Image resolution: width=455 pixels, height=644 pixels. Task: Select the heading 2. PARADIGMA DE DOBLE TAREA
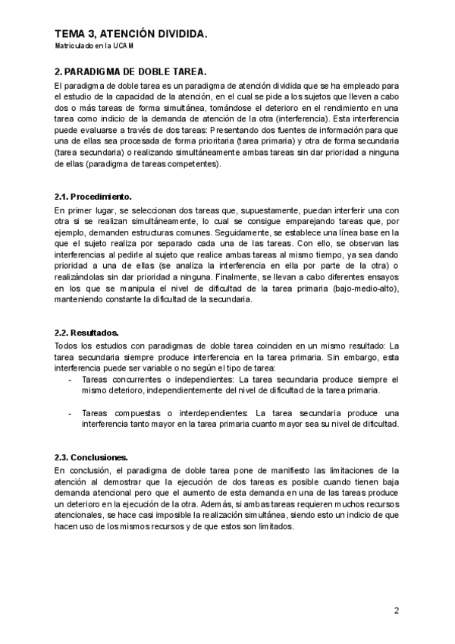pyautogui.click(x=130, y=71)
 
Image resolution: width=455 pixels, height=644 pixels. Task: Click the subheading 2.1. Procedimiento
pyautogui.click(x=93, y=197)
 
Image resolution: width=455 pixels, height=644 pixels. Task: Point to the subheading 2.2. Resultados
pyautogui.click(x=87, y=333)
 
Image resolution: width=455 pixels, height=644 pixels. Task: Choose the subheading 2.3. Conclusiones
pyautogui.click(x=91, y=458)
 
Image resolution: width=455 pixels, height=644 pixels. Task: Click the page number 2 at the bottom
pyautogui.click(x=396, y=610)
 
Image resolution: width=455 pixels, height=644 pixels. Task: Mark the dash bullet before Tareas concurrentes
pyautogui.click(x=71, y=378)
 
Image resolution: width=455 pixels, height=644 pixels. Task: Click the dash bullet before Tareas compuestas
pyautogui.click(x=71, y=412)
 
